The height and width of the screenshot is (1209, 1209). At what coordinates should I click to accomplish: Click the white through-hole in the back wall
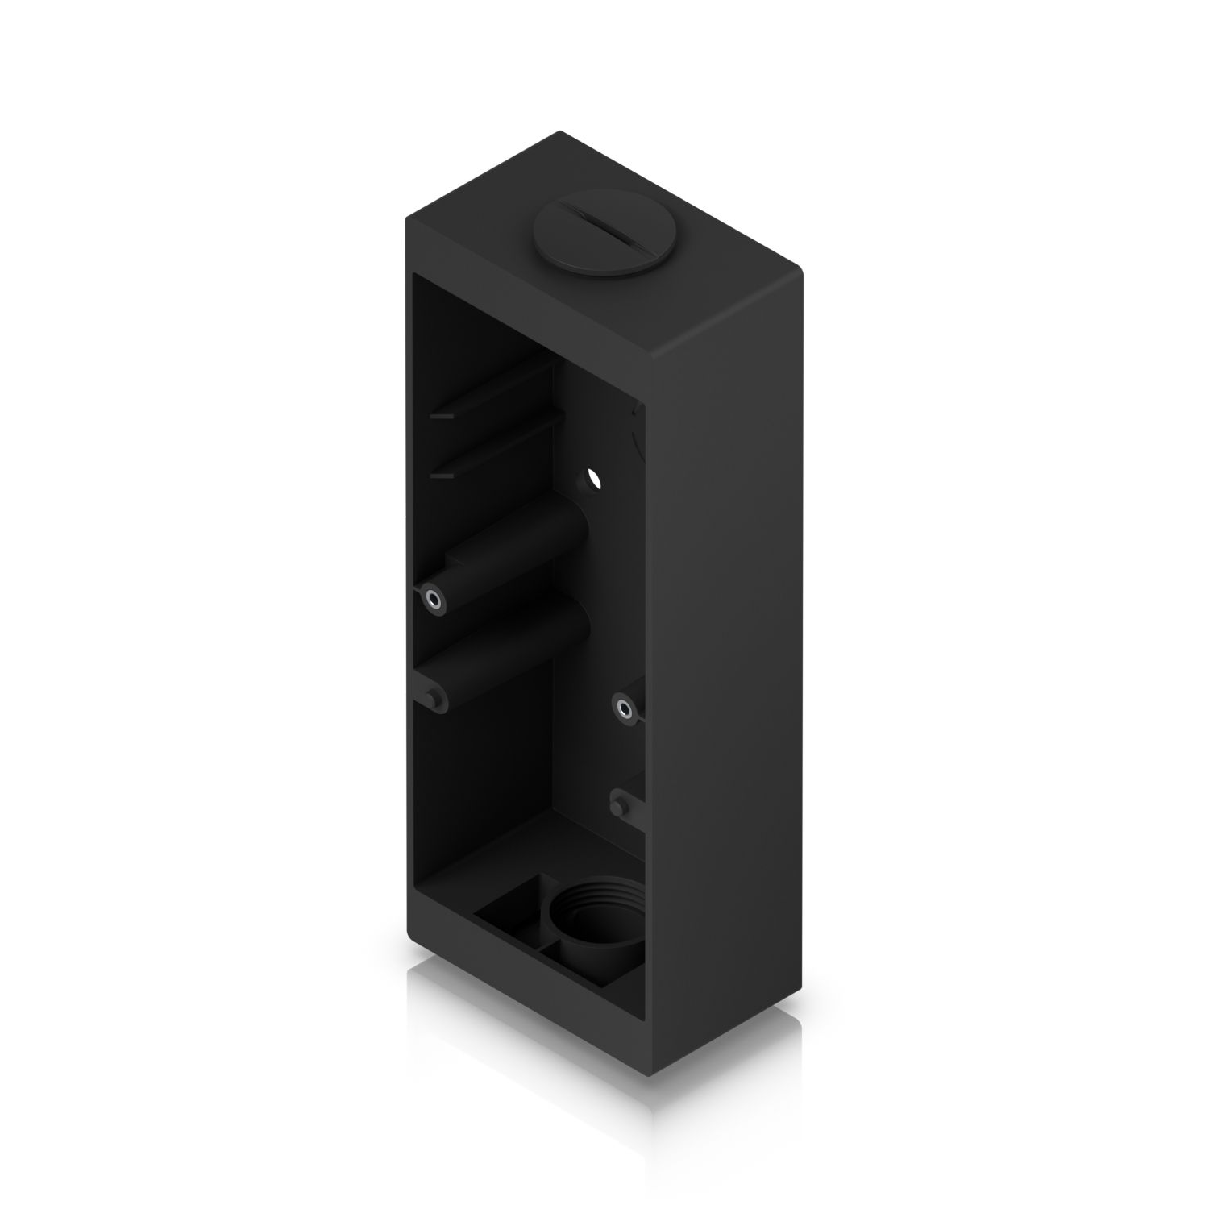(x=595, y=479)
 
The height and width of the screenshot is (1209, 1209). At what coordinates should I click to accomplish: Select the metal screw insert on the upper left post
(x=434, y=599)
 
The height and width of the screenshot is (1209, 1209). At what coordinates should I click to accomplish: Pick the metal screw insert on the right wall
(x=624, y=708)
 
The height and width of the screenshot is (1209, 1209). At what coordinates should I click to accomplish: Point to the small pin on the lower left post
(x=436, y=695)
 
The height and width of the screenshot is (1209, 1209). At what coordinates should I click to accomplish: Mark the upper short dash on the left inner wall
(x=442, y=417)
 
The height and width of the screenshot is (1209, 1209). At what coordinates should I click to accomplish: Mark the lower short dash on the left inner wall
(x=442, y=476)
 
